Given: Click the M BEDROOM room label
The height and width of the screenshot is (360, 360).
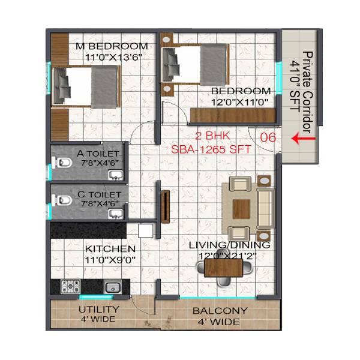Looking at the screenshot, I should [x=111, y=46].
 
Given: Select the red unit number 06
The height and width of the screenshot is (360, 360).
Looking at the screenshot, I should [x=268, y=137].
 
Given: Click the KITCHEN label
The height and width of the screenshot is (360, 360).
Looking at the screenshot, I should [x=110, y=248].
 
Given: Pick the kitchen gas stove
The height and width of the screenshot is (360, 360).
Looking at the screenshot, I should [x=71, y=286].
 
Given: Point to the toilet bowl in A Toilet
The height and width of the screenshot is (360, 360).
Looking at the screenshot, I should [x=61, y=162].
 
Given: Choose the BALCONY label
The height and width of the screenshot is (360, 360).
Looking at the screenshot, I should [x=220, y=311].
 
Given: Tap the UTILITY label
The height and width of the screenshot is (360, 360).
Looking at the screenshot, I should [x=100, y=310].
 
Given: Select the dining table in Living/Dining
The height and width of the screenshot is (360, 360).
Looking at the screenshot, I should [x=223, y=267].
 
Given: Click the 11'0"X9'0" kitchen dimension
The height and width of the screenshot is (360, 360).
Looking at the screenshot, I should [x=110, y=259].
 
